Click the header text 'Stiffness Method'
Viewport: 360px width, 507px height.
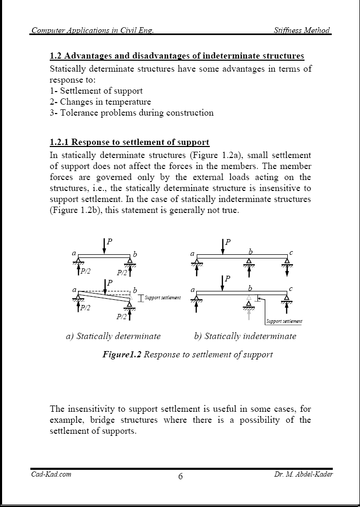[x=302, y=30]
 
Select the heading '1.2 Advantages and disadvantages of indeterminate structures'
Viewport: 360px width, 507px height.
[x=176, y=56]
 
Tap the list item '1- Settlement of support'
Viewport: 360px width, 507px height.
[x=96, y=91]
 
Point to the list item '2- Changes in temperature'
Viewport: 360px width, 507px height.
[x=100, y=102]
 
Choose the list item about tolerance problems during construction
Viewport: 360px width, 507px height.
[x=131, y=112]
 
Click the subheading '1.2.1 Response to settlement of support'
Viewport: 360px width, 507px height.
[x=129, y=142]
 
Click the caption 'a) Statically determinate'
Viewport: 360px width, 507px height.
[x=113, y=336]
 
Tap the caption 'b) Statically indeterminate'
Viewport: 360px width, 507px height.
[x=245, y=336]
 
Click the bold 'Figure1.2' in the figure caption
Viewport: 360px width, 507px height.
[x=121, y=355]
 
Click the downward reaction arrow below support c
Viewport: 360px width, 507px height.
[x=287, y=273]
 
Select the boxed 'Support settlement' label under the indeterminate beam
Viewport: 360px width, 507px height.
[x=284, y=321]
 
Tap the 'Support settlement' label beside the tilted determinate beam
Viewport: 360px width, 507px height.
[x=162, y=298]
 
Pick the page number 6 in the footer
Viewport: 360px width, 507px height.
[x=180, y=476]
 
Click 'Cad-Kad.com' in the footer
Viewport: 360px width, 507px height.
[x=50, y=474]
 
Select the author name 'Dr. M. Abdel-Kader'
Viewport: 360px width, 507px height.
[x=303, y=474]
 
